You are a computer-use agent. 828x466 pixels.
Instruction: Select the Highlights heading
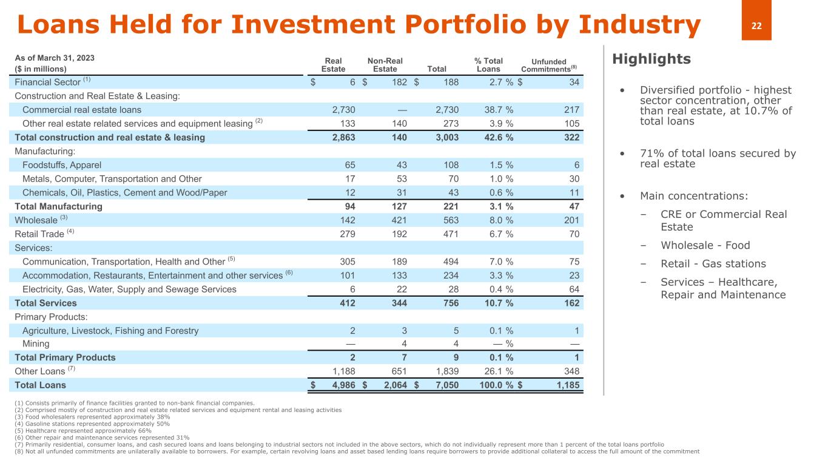(651, 59)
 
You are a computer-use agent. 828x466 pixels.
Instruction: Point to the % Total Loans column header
(488, 65)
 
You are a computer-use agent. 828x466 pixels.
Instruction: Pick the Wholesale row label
(36, 220)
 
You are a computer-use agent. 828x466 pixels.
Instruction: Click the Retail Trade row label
(39, 234)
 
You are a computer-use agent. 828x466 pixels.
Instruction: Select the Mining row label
(36, 344)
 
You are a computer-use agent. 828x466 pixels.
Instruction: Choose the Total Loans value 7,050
(446, 385)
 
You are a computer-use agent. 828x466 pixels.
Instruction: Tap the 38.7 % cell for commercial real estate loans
(497, 110)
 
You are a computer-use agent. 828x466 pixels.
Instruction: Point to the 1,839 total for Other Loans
(446, 371)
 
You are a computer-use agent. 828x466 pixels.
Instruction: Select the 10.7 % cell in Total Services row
(497, 303)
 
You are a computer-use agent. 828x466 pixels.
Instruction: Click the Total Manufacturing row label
(58, 206)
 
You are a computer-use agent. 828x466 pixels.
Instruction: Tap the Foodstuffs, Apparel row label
(62, 165)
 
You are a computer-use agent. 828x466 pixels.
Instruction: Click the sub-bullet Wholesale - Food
(705, 246)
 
